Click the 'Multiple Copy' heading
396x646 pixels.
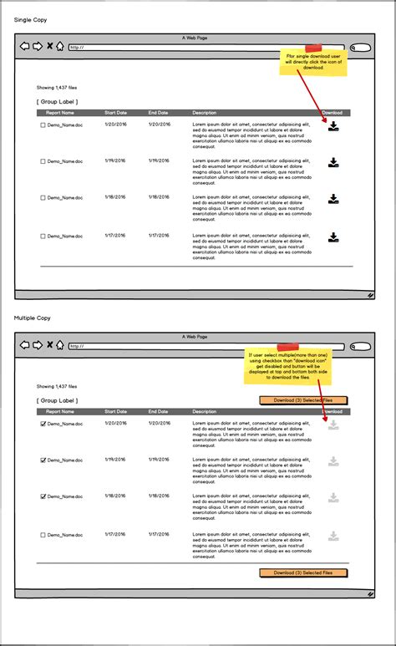coord(33,318)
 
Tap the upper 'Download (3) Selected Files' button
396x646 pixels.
coord(303,400)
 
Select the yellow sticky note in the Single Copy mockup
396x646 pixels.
coord(312,62)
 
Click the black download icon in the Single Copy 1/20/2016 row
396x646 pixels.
coord(333,126)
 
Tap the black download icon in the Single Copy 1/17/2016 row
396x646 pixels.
coord(333,237)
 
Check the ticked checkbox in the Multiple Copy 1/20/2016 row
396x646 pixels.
coord(43,424)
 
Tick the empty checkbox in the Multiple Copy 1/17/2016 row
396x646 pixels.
coord(43,535)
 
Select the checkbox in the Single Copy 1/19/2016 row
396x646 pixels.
coord(43,161)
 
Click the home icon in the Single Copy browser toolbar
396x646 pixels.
coord(59,47)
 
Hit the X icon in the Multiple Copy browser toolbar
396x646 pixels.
coord(49,345)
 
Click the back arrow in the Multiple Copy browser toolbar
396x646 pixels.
coord(25,345)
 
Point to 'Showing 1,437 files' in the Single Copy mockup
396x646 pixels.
coord(57,87)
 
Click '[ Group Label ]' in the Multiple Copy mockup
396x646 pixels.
coord(58,400)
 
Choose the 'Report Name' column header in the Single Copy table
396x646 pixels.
coord(60,112)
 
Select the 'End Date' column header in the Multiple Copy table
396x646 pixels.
coord(158,411)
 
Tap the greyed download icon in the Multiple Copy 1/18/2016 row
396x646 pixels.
coord(333,498)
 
